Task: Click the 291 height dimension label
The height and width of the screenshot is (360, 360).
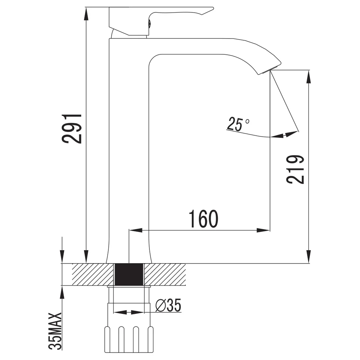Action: point(72,129)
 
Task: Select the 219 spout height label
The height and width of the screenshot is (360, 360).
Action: point(295,170)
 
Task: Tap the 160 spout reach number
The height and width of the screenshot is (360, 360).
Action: point(203,219)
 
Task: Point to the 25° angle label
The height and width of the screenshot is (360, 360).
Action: point(238,124)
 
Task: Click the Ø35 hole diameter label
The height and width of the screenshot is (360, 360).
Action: point(168,306)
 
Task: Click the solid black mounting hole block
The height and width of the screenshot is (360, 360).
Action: point(129,275)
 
